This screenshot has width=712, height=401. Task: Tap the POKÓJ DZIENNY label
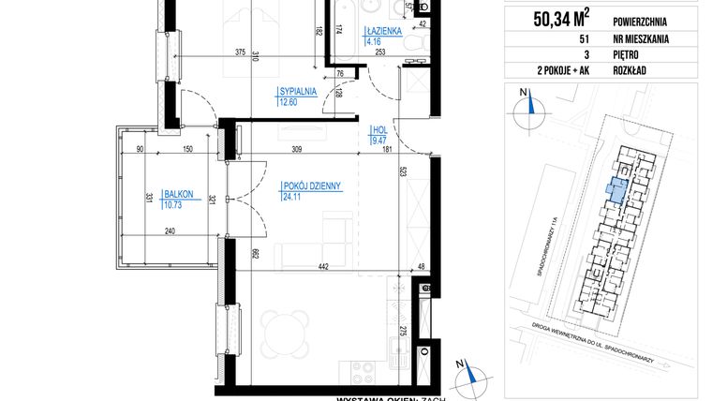pyautogui.click(x=308, y=186)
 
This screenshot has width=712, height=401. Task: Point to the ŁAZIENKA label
pyautogui.click(x=385, y=31)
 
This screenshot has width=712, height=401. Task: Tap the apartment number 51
pyautogui.click(x=559, y=40)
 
